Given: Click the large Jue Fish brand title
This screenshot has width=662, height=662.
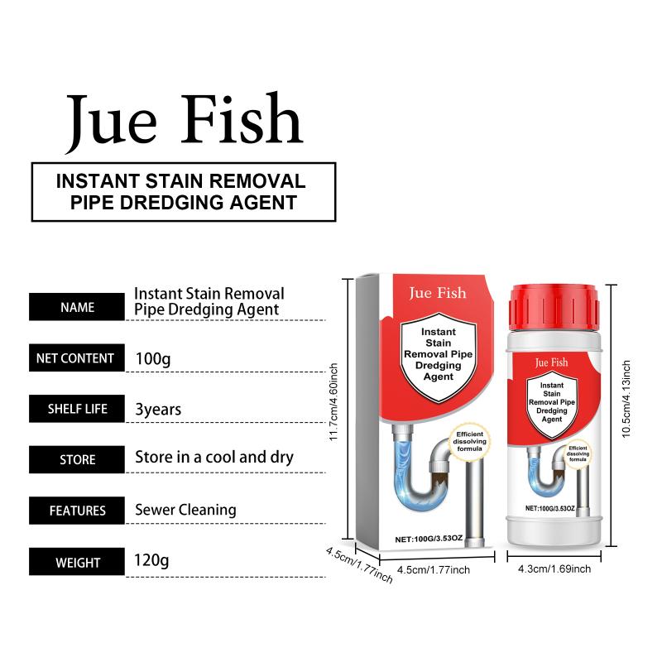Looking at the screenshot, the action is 185,122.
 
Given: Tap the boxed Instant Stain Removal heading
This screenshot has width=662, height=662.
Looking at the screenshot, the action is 184,192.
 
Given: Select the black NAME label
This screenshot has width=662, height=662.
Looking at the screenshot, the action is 77,307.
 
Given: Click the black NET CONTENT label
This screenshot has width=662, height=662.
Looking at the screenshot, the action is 77,358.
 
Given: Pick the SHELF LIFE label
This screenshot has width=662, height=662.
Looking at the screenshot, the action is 77,409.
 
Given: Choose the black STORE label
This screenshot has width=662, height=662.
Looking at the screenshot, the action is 77,459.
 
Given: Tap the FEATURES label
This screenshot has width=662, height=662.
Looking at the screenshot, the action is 77,511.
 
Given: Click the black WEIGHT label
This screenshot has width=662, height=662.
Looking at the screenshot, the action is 77,562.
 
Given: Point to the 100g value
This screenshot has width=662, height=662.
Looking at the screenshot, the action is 153,359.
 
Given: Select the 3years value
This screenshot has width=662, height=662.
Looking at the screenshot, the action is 158,410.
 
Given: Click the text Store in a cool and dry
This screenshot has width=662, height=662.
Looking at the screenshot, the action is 214,458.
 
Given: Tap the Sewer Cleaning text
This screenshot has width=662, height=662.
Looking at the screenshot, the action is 185,510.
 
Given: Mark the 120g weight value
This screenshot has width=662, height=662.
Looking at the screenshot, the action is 151,561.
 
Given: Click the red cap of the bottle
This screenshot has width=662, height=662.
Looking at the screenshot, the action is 554,306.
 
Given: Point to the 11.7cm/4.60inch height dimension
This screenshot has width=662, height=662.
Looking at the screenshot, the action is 333,402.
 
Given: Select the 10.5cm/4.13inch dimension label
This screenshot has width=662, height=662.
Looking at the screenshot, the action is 626,399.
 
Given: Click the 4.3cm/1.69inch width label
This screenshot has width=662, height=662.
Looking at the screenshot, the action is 554,569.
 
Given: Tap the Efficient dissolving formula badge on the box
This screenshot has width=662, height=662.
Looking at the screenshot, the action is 469,442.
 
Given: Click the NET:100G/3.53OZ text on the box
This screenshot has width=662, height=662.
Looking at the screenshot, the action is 429,539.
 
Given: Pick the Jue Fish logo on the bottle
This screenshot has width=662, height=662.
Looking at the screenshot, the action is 551,362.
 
